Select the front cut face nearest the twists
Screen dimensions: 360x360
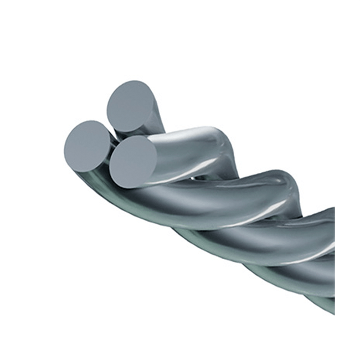[x=133, y=161]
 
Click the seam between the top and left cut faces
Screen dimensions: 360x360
[x=110, y=126]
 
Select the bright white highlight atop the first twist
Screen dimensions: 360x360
[x=199, y=133]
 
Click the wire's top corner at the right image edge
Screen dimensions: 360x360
[x=333, y=209]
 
